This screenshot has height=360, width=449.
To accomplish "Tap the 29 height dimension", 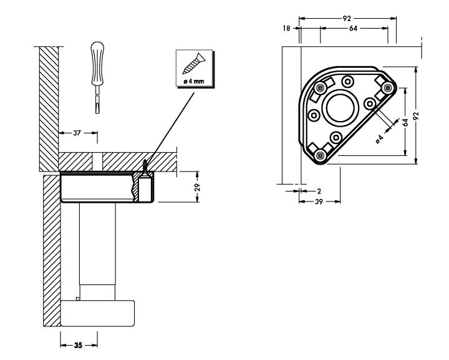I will pos(198,187).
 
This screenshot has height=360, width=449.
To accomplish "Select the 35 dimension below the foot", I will pos(79,344).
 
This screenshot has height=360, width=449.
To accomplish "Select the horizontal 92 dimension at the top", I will pos(346,17).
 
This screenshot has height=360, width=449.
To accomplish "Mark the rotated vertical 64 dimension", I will pos(405,123).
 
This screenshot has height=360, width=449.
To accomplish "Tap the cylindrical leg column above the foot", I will pos(98,250).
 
